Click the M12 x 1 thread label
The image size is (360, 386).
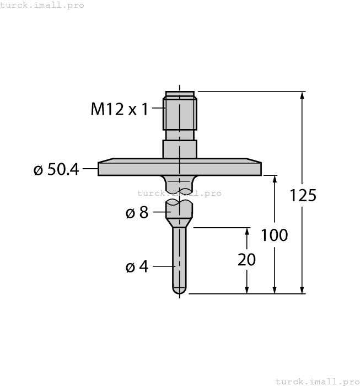[120, 109]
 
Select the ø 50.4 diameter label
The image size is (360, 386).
[56, 169]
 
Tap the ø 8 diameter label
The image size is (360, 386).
[137, 212]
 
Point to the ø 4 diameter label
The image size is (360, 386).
[137, 267]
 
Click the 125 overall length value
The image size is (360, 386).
[303, 195]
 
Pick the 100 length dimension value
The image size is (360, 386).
[274, 235]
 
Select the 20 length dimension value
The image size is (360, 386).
[246, 260]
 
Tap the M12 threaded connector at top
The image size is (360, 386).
[180, 113]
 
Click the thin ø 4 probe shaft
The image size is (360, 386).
[179, 256]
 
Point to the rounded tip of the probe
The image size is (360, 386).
[179, 290]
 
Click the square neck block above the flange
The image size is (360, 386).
[179, 149]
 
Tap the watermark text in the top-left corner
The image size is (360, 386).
[42, 5]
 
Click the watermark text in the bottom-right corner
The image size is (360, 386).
[316, 381]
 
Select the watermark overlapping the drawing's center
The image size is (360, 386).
[179, 193]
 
